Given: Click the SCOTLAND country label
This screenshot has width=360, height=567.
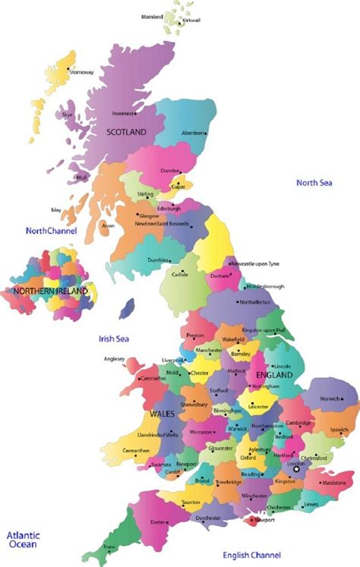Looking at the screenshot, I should [125, 131].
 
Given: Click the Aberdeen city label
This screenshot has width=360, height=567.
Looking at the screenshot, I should [193, 133].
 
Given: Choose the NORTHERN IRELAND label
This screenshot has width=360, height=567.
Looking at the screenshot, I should [50, 291].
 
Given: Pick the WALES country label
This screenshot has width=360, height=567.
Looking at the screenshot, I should [163, 414].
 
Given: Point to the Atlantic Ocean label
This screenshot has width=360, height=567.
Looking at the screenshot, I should [24, 540].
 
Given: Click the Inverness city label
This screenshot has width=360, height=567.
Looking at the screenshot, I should [123, 114].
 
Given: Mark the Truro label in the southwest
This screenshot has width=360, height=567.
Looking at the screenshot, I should [109, 547].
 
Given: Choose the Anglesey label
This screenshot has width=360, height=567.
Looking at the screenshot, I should [115, 359].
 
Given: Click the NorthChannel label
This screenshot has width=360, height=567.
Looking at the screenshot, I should [52, 230].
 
